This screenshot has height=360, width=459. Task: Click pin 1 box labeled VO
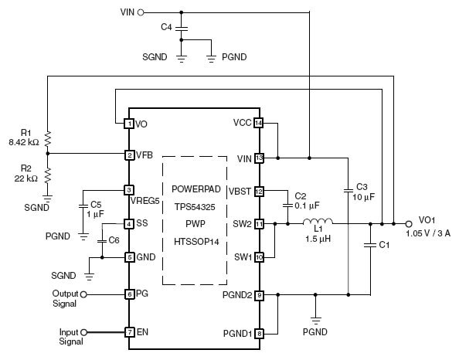coord(129,124)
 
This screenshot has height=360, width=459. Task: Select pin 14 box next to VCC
coord(259,123)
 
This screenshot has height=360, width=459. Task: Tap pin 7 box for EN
coord(130,332)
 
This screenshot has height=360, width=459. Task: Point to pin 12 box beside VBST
coord(259,192)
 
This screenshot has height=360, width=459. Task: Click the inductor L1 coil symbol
coord(318,221)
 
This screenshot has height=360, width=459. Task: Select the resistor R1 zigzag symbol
coord(48,139)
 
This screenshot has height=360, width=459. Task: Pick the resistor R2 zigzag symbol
coord(48,175)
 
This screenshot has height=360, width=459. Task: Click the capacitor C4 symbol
coord(181,29)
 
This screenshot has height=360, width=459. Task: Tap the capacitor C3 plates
coord(348,191)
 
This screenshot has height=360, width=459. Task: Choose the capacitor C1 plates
coord(370,245)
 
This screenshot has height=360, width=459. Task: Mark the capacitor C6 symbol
coord(102,241)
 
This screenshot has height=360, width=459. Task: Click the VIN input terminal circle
coord(141,12)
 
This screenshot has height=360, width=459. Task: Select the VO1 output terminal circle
coord(409,224)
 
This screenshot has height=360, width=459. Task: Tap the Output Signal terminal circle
coord(83,294)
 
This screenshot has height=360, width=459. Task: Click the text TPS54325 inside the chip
coord(195,207)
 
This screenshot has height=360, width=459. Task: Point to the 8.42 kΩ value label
coord(24,143)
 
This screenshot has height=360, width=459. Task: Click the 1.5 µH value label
coord(318,239)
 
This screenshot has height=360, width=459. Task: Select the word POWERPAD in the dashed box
coord(196,189)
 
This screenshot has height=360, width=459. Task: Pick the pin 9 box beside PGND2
coord(259,295)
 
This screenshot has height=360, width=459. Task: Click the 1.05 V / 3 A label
coord(428,233)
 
